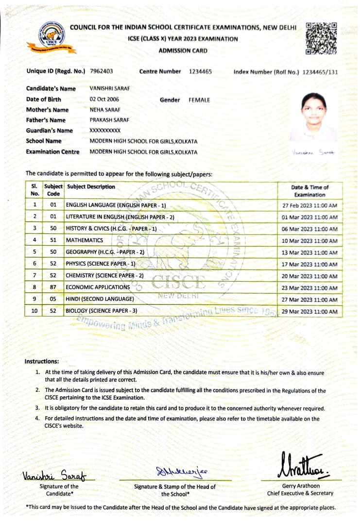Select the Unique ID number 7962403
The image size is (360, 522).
point(102,71)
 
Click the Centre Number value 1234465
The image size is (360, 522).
point(200,71)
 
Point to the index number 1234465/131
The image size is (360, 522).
point(320,72)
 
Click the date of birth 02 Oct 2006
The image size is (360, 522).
point(104,100)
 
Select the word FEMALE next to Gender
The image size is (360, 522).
point(199,100)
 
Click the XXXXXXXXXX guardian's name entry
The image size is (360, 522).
point(105,131)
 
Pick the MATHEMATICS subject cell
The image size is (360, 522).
point(85,240)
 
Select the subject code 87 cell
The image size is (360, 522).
point(53,287)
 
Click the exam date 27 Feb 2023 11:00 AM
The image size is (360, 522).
point(309,205)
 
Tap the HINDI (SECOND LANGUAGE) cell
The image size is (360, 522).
point(100,299)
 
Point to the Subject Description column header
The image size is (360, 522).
point(91,187)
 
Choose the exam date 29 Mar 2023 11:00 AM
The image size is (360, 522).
point(309,311)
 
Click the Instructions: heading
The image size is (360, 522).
point(42,361)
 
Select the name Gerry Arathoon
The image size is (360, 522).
point(300,486)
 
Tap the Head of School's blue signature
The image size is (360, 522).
point(174,471)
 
